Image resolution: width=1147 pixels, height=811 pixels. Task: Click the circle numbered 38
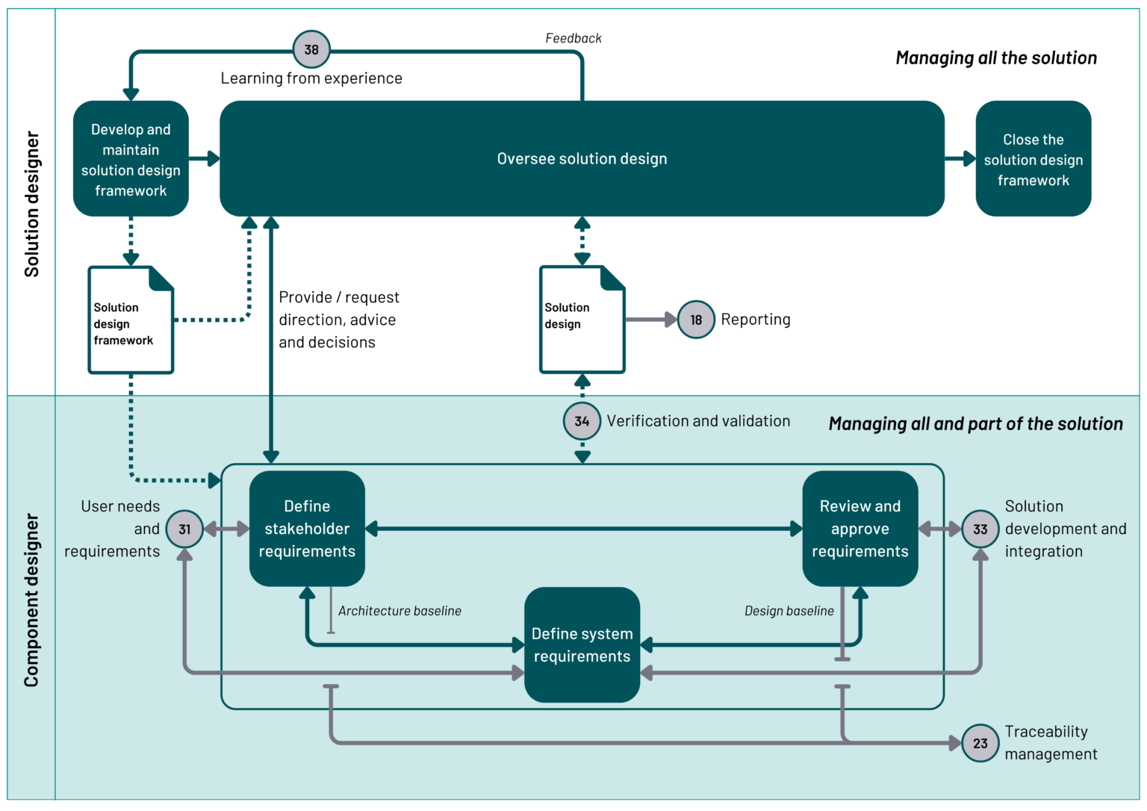(311, 50)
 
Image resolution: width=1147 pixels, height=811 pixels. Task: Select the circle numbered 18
(696, 320)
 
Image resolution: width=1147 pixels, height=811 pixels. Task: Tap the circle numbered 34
(582, 421)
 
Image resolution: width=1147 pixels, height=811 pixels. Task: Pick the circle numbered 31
(184, 529)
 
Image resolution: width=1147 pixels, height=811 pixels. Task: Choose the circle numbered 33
(980, 529)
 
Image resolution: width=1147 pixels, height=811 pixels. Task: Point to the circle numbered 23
(980, 743)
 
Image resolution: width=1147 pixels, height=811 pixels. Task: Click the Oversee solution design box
(582, 158)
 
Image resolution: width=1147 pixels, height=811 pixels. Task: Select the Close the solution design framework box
(1033, 159)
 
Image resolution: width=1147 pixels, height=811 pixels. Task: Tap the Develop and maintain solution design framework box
(131, 159)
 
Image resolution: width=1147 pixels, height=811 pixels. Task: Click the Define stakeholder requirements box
(307, 529)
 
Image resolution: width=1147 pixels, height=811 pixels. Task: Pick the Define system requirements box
(582, 645)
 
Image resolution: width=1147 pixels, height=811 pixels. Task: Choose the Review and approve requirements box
(860, 529)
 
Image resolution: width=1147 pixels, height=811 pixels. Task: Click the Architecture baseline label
(400, 611)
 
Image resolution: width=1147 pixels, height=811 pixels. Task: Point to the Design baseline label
(789, 611)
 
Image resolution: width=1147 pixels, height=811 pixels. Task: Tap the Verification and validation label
(698, 421)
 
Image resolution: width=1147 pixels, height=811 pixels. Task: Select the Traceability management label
(1051, 743)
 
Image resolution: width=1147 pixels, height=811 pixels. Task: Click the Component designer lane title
(31, 600)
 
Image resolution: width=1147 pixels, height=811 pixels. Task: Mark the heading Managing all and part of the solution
(975, 424)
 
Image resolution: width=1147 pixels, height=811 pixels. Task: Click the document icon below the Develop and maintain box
(131, 320)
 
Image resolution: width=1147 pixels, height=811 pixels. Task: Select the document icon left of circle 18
(582, 320)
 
